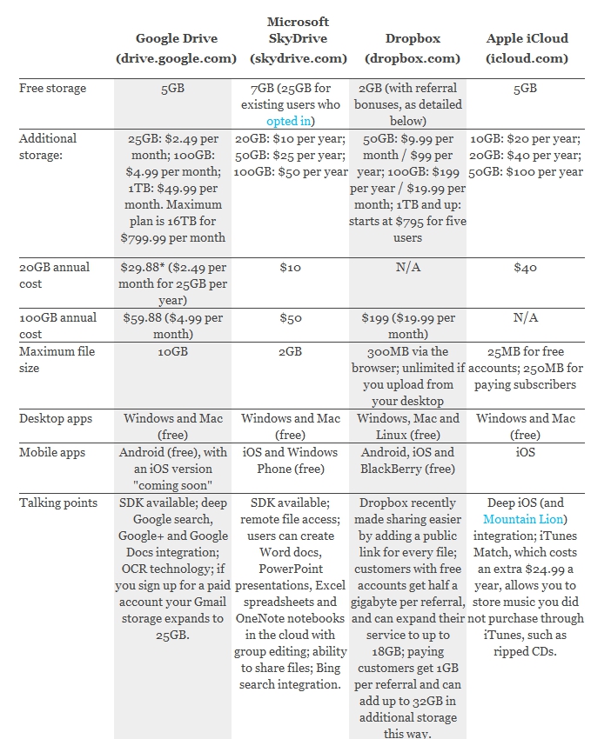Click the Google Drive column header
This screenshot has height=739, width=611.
point(176,48)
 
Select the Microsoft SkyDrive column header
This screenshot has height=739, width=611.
point(299,40)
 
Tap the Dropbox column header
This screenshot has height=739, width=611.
point(413,48)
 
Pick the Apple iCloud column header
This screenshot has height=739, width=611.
point(527,48)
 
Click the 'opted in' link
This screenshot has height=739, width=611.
point(288,121)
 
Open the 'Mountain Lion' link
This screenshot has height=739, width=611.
point(523,519)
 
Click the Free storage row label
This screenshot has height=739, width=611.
point(52,88)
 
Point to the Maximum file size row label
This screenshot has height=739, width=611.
point(57,360)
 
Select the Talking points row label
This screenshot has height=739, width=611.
point(58,503)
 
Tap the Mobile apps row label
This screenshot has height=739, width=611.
point(52,452)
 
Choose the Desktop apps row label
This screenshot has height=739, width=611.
point(55,418)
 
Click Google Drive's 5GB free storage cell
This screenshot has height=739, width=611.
point(172,88)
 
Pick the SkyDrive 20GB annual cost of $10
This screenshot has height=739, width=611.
point(290,267)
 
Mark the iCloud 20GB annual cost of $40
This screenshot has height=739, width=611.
point(525,267)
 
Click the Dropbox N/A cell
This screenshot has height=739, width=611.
point(407,267)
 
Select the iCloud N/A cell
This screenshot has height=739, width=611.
point(525,317)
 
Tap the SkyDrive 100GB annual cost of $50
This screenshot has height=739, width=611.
point(290,317)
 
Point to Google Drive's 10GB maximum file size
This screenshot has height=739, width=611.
point(172,351)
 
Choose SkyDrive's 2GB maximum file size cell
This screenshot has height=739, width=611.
point(290,351)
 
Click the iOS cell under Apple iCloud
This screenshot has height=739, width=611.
point(525,452)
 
